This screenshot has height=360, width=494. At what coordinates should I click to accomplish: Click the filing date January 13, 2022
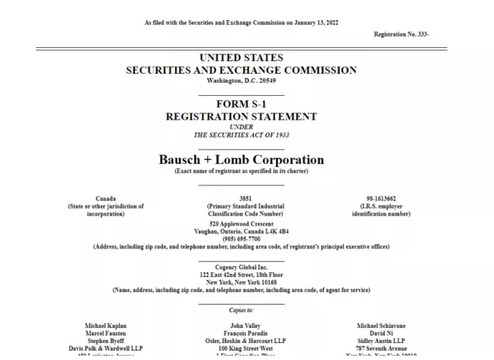point(316,23)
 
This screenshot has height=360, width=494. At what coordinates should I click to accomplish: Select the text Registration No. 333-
point(401,34)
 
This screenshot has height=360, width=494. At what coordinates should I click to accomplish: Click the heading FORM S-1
point(241,105)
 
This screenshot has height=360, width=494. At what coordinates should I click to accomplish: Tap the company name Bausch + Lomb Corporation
point(241,160)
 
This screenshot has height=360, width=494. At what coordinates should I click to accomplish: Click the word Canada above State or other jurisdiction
point(105,199)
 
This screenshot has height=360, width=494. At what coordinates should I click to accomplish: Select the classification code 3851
point(245,199)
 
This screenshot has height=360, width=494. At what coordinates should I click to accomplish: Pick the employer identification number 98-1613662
point(381,199)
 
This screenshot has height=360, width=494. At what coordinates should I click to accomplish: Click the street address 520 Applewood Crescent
point(241,224)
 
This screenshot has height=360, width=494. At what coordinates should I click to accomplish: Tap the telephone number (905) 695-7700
point(241,239)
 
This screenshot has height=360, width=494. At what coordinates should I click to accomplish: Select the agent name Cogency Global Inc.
point(241,268)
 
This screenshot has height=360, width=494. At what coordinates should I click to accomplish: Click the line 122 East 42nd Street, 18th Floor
point(241,275)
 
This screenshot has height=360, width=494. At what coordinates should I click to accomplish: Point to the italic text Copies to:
point(241,311)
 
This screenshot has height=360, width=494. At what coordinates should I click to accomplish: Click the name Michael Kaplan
point(105,326)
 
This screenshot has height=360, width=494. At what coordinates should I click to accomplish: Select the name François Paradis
point(245,334)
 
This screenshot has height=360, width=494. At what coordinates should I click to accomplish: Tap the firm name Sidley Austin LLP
point(381,341)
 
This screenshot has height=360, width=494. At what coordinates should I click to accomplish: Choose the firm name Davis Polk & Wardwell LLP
point(105,349)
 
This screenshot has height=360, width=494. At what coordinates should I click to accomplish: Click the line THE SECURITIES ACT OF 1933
point(241,135)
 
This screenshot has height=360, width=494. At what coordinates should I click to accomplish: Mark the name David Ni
point(381,334)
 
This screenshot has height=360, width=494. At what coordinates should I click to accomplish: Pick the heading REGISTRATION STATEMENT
point(241,117)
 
